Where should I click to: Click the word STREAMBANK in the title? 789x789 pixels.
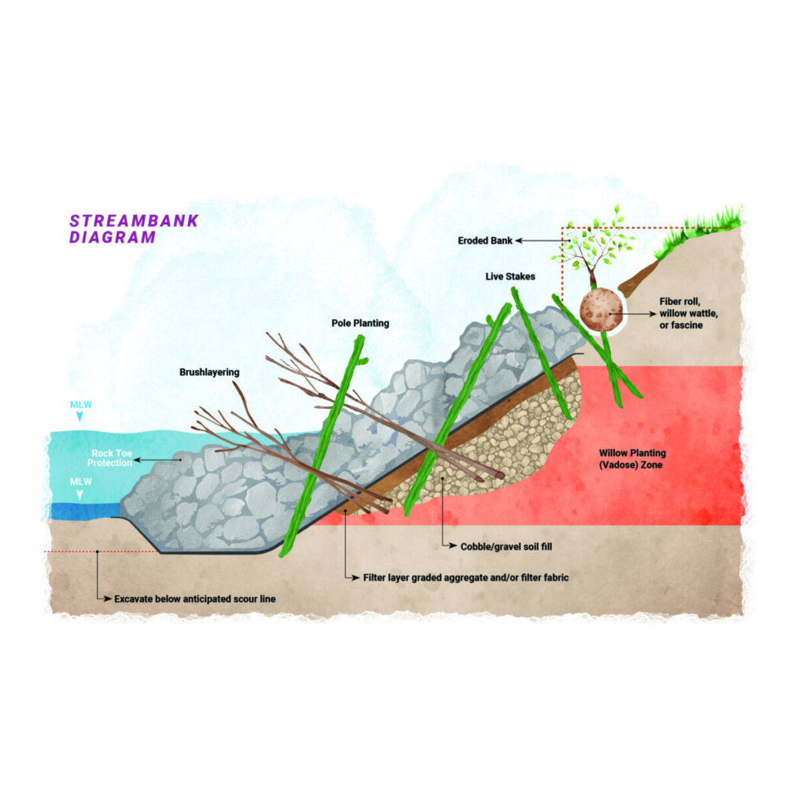134,221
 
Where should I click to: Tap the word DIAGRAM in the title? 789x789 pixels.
112,237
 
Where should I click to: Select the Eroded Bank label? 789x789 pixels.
485,240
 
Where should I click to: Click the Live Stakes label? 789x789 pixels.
510,277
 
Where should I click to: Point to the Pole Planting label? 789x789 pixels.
361,323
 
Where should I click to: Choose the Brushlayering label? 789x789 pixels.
210,372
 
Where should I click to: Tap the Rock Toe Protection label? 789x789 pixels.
110,458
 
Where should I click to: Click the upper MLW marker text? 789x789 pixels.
81,405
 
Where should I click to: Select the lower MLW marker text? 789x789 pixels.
81,482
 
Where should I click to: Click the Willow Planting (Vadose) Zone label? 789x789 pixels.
632,459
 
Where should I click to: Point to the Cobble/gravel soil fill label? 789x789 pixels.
506,546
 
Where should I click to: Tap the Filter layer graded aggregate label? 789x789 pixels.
466,578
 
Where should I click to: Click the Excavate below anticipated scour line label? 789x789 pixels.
195,599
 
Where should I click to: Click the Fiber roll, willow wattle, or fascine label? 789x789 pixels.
688,313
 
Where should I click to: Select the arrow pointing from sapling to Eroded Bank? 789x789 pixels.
542,240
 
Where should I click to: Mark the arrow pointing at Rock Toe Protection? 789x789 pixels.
157,459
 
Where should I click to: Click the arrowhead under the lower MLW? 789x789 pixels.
79,495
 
